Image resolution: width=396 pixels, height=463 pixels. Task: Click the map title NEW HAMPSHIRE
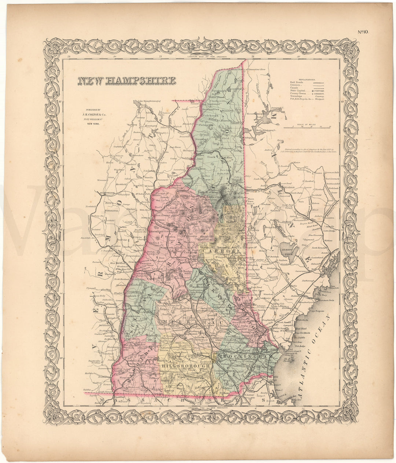click(126, 81)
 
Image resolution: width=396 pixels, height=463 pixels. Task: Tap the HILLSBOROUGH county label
click(187, 365)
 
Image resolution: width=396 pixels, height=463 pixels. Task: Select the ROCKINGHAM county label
click(245, 356)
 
